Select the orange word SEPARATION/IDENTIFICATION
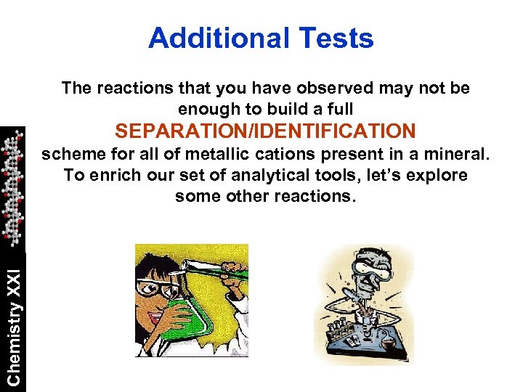click(x=265, y=131)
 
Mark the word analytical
click(x=284, y=176)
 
